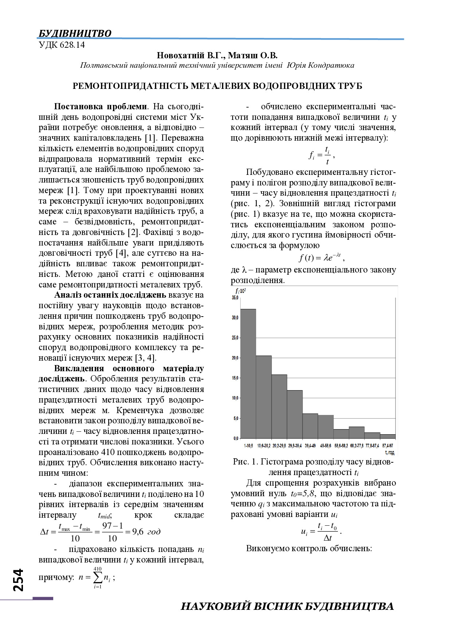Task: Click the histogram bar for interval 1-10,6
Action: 248,373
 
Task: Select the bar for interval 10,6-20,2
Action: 264,397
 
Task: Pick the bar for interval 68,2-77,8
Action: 356,432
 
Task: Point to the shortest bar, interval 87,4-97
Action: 387,436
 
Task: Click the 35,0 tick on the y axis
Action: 235,298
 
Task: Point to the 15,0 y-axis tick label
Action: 235,378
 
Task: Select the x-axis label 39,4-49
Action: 310,446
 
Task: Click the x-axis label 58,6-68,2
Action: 341,446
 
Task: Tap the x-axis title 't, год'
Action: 389,452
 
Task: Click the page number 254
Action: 18,580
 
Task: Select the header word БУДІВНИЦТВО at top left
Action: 75,34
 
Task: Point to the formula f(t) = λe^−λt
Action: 321,258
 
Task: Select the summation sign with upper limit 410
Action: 98,577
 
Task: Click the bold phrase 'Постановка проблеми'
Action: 101,107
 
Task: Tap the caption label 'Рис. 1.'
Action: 246,462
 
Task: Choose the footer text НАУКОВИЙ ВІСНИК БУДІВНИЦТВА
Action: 287,606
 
